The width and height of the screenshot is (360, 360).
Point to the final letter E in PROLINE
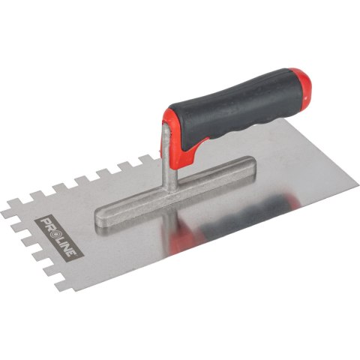point(72,252)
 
